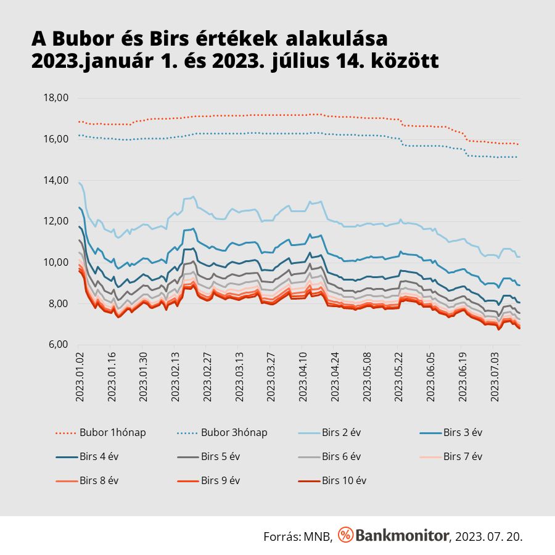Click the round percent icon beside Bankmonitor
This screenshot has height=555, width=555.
[x=346, y=535]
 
